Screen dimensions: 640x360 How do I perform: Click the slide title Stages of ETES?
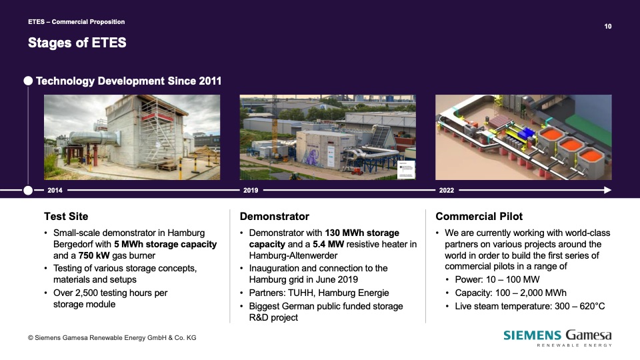77,43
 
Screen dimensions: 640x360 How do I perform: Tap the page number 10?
608,26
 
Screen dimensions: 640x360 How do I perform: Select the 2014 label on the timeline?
55,190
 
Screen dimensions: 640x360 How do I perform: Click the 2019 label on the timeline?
251,190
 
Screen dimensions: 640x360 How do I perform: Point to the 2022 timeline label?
447,190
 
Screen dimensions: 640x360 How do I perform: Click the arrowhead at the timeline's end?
608,190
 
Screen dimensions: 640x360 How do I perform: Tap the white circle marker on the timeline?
28,190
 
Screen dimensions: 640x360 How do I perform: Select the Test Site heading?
66,216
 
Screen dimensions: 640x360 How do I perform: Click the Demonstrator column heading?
274,216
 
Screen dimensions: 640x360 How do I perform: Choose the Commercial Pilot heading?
479,216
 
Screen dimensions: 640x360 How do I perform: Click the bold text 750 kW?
94,255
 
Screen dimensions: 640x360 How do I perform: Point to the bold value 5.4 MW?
329,244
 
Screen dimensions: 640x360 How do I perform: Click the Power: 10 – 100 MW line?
497,279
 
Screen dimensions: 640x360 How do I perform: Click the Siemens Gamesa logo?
557,338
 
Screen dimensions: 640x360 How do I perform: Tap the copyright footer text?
112,338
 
